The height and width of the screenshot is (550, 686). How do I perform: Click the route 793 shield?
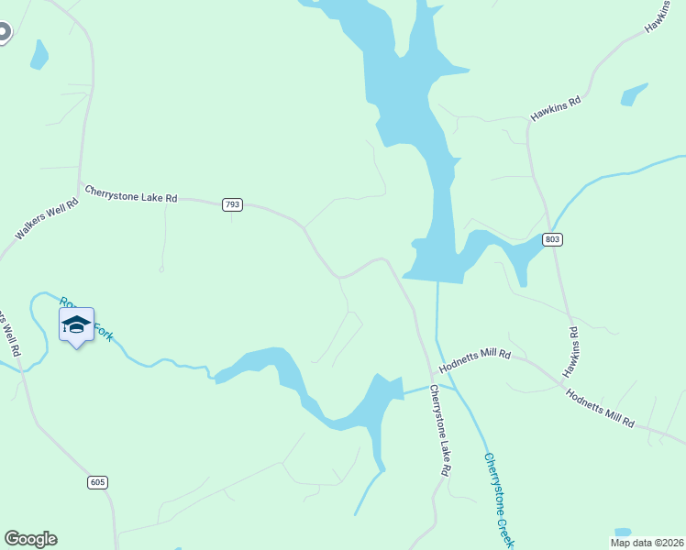point(232,204)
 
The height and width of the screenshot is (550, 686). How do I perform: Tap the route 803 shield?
point(552,239)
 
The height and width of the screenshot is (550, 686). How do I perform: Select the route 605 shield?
point(98,482)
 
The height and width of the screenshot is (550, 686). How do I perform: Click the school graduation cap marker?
point(76,325)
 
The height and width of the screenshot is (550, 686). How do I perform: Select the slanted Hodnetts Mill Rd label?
point(600,409)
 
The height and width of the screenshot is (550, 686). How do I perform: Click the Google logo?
point(30,539)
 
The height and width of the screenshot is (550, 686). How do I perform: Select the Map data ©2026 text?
point(647,543)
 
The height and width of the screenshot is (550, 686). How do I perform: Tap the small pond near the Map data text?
point(623,533)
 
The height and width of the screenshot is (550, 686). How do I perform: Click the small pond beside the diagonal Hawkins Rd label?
point(634,94)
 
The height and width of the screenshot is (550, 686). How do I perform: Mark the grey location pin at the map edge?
point(4,33)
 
